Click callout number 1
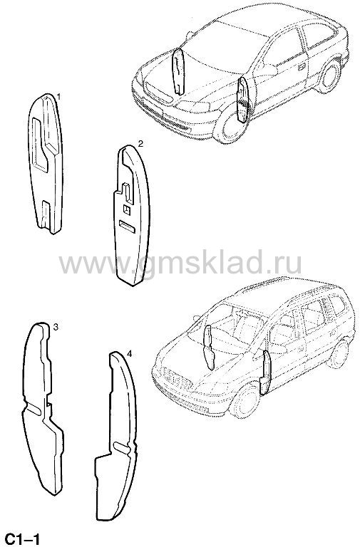coord(58,96)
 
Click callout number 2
coord(140,143)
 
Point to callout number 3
coord(56,327)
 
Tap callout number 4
coord(129,354)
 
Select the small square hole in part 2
coord(126,209)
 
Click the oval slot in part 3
coord(34,410)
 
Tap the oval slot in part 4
coord(122,445)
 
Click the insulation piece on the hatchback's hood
coord(178,71)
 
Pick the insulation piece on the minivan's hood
coord(209,347)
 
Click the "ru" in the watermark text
coord(287,264)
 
